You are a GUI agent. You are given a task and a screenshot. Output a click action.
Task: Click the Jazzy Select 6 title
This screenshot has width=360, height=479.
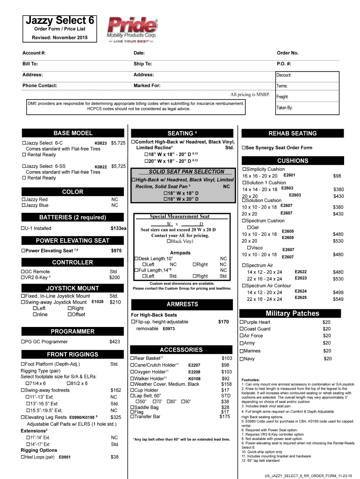(59, 21)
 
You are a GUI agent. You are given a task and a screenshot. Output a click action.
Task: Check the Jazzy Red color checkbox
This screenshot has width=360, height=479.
(24, 199)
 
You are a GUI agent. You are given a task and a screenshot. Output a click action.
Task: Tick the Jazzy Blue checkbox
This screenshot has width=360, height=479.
(24, 205)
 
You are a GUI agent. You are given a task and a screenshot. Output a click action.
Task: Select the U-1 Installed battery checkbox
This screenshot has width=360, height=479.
(24, 228)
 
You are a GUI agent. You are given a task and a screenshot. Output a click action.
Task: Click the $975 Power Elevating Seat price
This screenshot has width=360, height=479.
(116, 251)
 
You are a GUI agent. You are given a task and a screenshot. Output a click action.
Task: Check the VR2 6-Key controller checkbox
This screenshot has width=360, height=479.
(24, 277)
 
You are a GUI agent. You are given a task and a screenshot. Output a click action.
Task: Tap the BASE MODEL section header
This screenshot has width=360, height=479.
(72, 133)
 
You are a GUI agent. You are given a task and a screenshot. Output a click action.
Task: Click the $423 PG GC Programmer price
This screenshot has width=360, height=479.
(115, 342)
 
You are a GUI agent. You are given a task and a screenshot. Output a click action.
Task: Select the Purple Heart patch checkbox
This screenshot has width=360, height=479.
(242, 322)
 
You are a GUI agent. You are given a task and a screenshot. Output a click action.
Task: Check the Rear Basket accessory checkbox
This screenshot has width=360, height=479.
(132, 358)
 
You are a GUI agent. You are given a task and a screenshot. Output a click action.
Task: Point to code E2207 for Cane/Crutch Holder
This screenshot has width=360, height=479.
(194, 365)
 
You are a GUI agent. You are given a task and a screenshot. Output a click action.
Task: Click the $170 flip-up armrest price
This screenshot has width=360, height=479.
(223, 322)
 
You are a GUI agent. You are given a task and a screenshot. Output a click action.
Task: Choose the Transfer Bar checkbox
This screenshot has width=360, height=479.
(132, 416)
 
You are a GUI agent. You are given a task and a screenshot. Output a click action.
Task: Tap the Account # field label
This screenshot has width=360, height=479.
(34, 53)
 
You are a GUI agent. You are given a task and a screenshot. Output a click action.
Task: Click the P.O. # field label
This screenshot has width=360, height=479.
(284, 64)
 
